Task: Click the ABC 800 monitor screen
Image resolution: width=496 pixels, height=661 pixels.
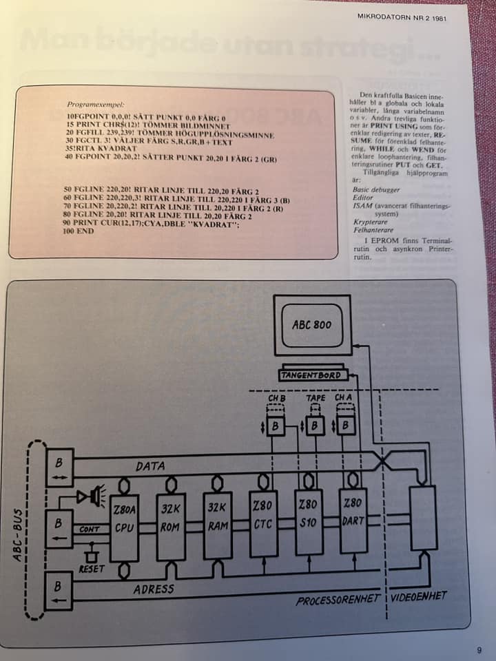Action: [x=311, y=324]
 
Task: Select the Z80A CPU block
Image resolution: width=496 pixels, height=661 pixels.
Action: [x=125, y=527]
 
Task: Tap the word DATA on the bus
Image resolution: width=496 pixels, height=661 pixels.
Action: [x=149, y=467]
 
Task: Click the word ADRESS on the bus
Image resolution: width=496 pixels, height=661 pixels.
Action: [x=153, y=589]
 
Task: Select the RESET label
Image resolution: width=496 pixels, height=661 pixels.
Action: [x=92, y=569]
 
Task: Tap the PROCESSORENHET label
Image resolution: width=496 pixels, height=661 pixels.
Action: [x=338, y=600]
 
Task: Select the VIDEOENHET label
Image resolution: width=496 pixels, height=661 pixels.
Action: [x=419, y=596]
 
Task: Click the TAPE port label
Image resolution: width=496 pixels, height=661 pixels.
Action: [x=316, y=398]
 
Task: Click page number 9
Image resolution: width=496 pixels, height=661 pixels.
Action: [x=479, y=649]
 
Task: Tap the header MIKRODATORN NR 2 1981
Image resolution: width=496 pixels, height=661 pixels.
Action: [x=402, y=19]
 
